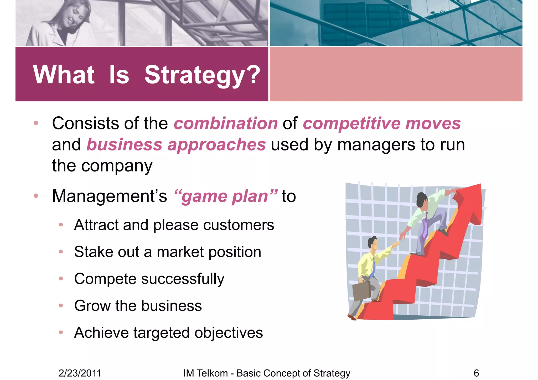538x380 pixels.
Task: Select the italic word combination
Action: point(226,123)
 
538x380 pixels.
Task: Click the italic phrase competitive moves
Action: point(382,123)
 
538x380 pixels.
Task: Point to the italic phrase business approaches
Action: point(176,145)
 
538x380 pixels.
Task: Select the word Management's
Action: point(109,196)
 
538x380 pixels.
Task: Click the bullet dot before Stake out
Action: point(61,252)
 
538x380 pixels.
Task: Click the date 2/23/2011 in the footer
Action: point(80,373)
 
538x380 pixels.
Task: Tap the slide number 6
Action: point(476,373)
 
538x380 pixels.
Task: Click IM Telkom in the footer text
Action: point(205,373)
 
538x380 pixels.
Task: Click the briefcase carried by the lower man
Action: point(361,291)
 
